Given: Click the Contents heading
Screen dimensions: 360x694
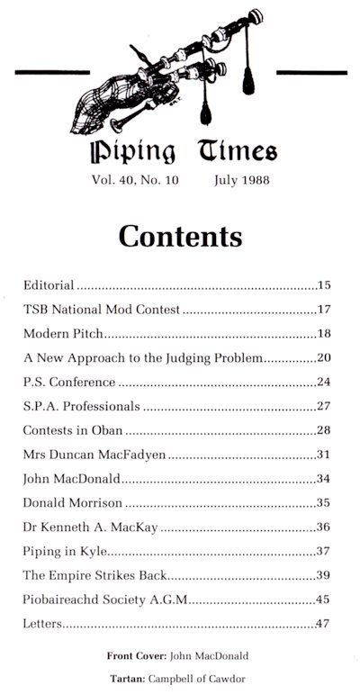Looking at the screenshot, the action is click(180, 236).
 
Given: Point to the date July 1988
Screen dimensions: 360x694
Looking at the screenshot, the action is click(241, 180).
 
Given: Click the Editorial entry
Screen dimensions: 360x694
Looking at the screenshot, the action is click(49, 286).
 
